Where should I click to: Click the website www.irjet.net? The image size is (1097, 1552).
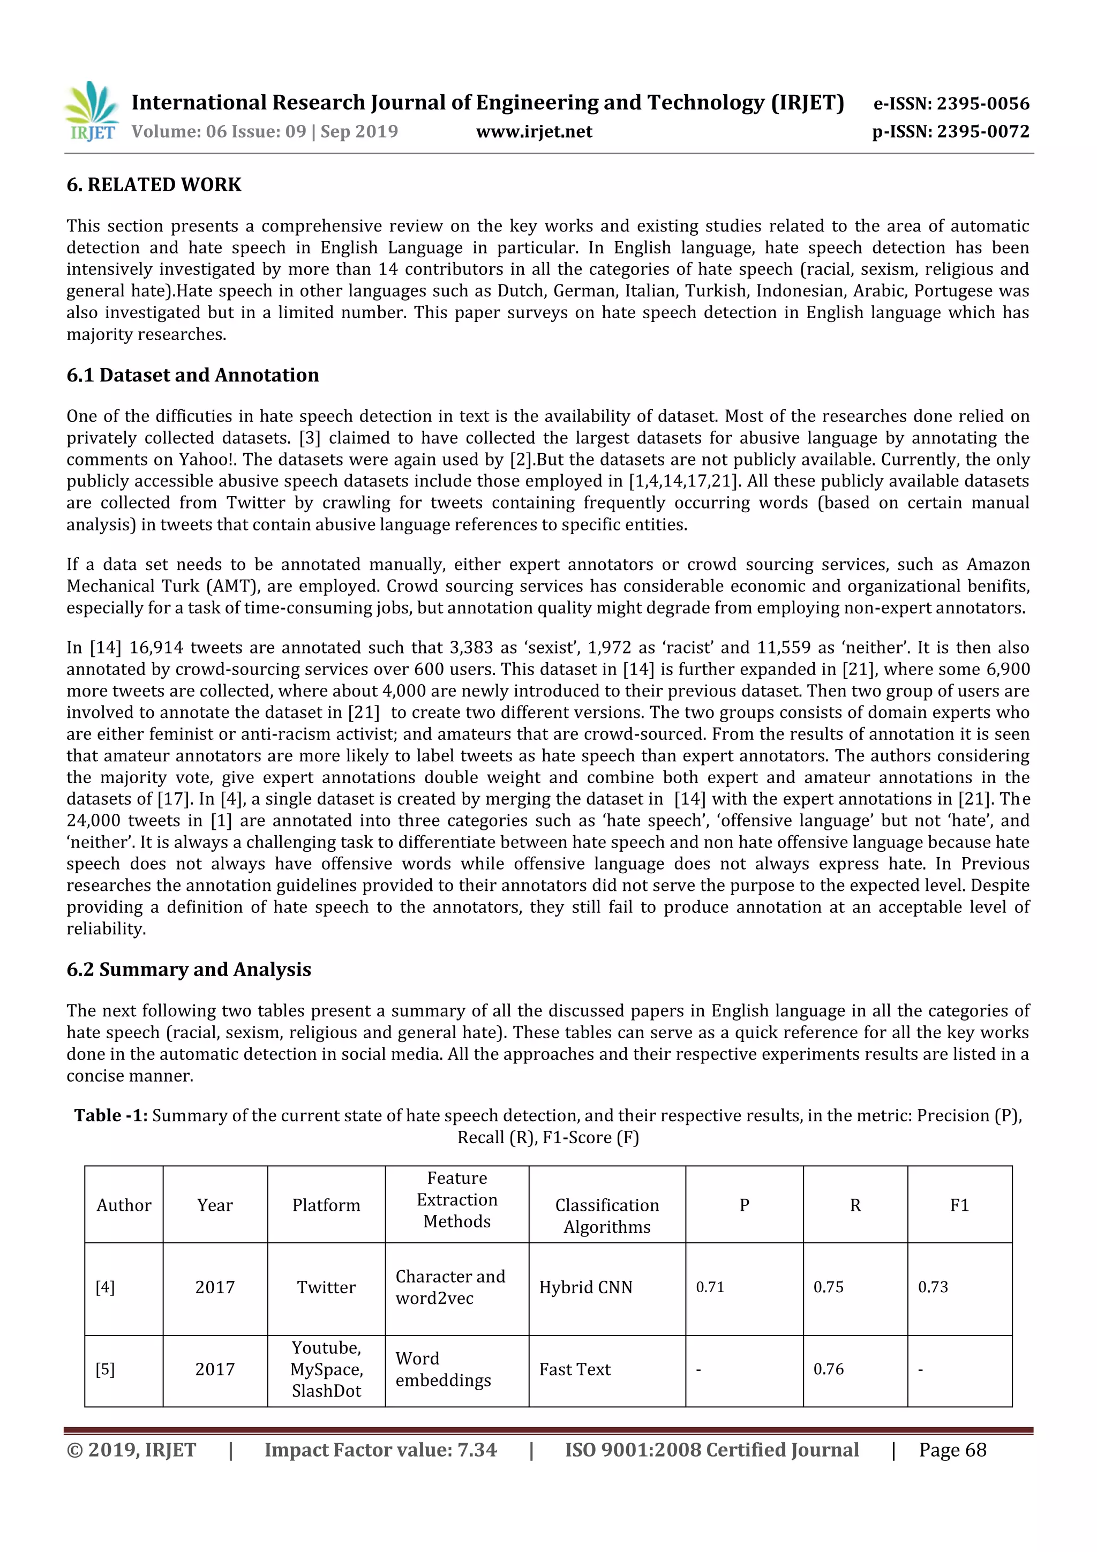pyautogui.click(x=534, y=132)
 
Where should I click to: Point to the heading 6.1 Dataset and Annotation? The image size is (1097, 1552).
pyautogui.click(x=193, y=375)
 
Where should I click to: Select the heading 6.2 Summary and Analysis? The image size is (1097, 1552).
pyautogui.click(x=189, y=969)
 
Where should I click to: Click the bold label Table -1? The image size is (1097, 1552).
pyautogui.click(x=111, y=1115)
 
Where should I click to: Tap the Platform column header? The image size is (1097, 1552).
pyautogui.click(x=326, y=1205)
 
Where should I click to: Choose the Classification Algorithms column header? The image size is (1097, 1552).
pyautogui.click(x=606, y=1216)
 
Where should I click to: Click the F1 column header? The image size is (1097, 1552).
pyautogui.click(x=959, y=1205)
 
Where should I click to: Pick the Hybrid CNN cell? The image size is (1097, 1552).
pyautogui.click(x=585, y=1287)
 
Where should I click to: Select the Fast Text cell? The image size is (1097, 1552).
pyautogui.click(x=575, y=1369)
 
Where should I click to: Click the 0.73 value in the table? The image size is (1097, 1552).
pyautogui.click(x=933, y=1287)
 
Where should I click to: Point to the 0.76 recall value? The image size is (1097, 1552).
pyautogui.click(x=829, y=1369)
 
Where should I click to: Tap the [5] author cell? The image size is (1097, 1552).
pyautogui.click(x=106, y=1369)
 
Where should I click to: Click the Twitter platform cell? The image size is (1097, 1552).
pyautogui.click(x=326, y=1287)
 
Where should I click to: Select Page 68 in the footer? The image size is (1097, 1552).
pyautogui.click(x=952, y=1450)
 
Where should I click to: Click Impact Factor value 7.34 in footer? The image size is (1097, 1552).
pyautogui.click(x=380, y=1450)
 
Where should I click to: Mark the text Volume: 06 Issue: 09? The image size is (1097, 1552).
pyautogui.click(x=219, y=132)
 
